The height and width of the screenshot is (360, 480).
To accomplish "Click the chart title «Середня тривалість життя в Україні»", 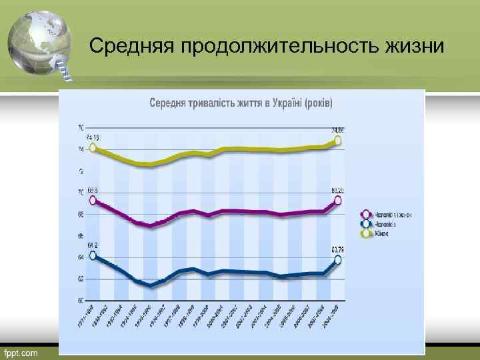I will pyautogui.click(x=241, y=104).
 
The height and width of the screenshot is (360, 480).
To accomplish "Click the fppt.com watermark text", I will pyautogui.click(x=21, y=351).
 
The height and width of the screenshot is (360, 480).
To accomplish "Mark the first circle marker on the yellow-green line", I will pyautogui.click(x=93, y=148).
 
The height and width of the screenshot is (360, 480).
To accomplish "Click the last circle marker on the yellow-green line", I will pyautogui.click(x=339, y=141).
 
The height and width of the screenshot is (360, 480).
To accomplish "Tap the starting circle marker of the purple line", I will pyautogui.click(x=93, y=199).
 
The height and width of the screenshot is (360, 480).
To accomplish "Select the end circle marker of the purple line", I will pyautogui.click(x=339, y=200).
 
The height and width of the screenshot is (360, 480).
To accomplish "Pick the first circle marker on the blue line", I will pyautogui.click(x=93, y=255).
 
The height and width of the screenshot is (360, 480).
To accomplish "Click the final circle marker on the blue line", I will pyautogui.click(x=339, y=259).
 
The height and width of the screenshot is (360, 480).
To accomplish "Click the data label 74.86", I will pyautogui.click(x=337, y=130).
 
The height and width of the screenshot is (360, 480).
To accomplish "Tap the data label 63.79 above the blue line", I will pyautogui.click(x=338, y=249).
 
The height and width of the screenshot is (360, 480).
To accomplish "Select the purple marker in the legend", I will pyautogui.click(x=365, y=214).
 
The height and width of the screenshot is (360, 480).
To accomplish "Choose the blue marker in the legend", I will pyautogui.click(x=365, y=224).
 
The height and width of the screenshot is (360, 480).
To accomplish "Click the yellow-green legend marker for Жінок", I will pyautogui.click(x=365, y=233).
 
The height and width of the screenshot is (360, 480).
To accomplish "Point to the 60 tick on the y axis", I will pyautogui.click(x=80, y=300).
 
